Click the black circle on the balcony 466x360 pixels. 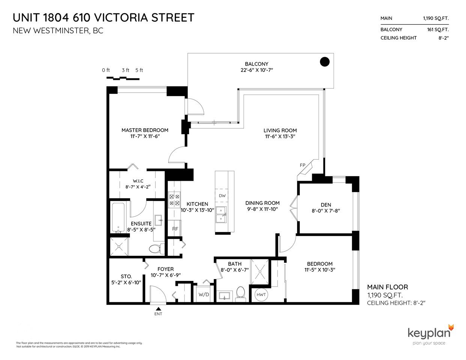[x=325, y=62]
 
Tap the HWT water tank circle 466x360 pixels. [x=261, y=295]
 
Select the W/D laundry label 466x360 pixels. [x=203, y=294]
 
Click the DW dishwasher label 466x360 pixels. [x=222, y=195]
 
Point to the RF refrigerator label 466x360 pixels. [x=175, y=229]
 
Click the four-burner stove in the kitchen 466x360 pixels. [x=174, y=200]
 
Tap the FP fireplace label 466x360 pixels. [x=302, y=165]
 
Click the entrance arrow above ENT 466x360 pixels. [x=158, y=309]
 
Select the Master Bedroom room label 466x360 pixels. [x=145, y=130]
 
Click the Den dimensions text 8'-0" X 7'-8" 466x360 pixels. [x=326, y=211]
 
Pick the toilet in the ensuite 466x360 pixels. [x=156, y=249]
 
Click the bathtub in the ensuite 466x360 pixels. [x=118, y=217]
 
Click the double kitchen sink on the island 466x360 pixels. [x=221, y=215]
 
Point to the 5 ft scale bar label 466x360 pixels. [x=139, y=70]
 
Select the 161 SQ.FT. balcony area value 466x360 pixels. [x=438, y=30]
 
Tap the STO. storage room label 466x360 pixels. [x=126, y=276]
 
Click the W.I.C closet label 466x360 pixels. [x=138, y=181]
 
